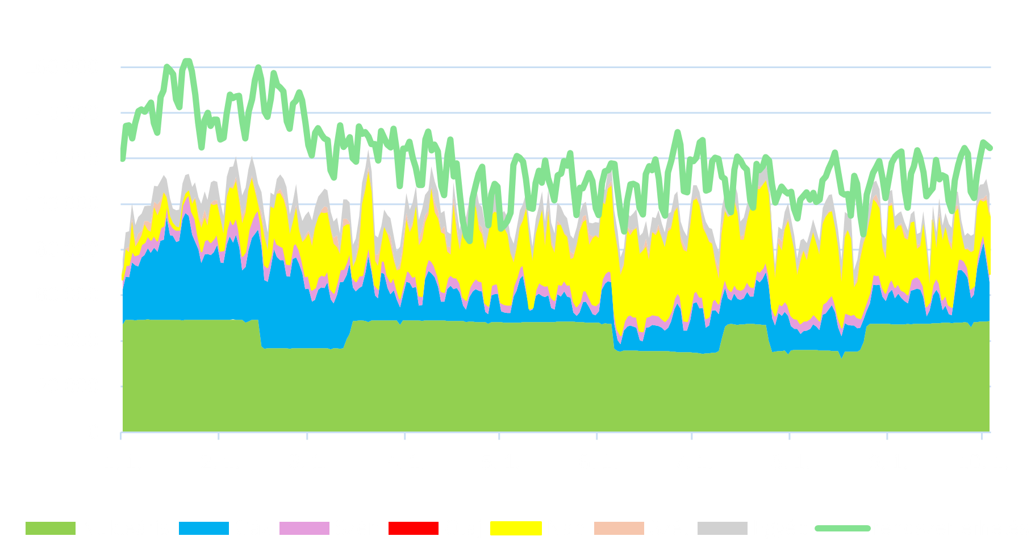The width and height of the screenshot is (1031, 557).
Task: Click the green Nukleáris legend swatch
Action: [x=50, y=528]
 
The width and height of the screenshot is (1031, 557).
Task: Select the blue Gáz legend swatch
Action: [x=203, y=528]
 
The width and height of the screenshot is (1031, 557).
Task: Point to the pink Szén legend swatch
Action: [x=304, y=528]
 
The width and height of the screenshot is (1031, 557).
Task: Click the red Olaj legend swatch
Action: [x=413, y=528]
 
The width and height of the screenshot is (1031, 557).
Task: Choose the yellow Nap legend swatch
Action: [x=516, y=528]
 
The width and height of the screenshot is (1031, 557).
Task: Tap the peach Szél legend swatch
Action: [x=619, y=528]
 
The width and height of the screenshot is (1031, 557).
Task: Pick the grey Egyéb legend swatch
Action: [x=722, y=528]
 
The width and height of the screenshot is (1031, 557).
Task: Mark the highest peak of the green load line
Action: [x=187, y=60]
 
